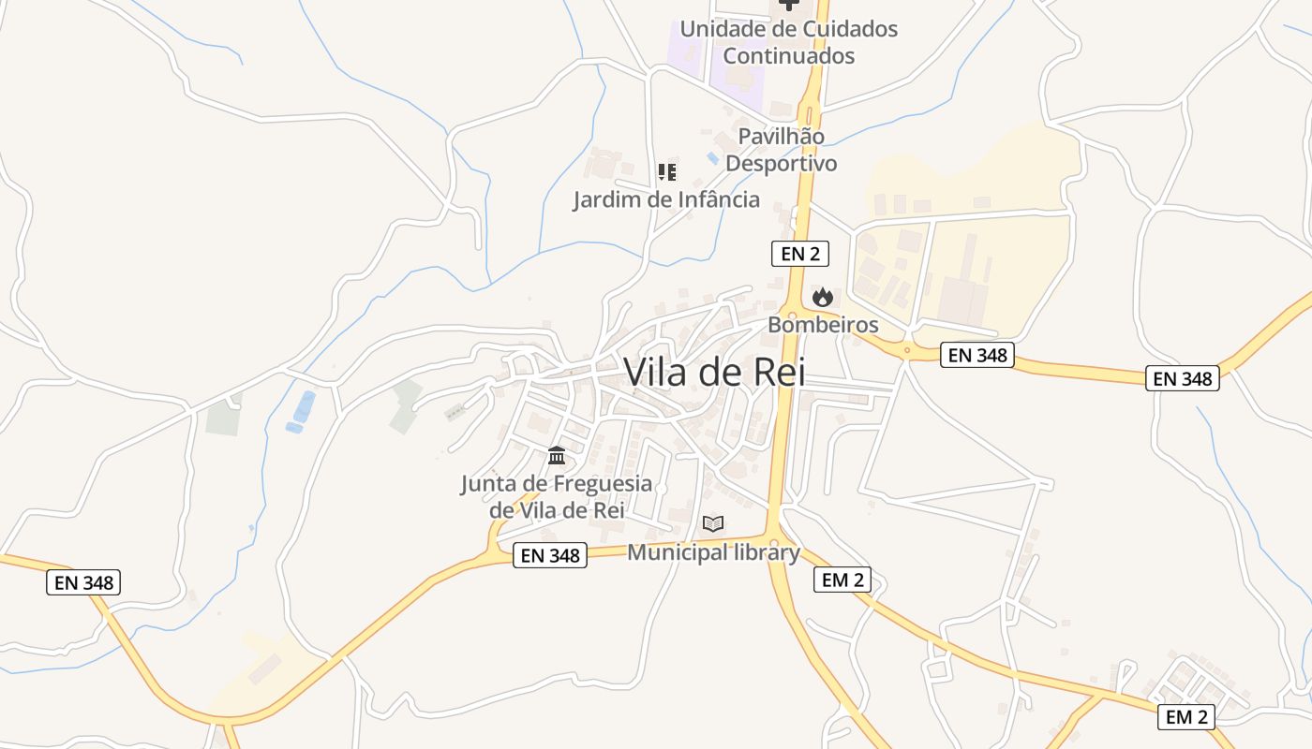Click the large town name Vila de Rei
(714, 372)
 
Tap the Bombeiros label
(823, 325)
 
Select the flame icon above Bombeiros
(823, 298)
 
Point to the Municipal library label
(713, 552)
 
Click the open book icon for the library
(713, 523)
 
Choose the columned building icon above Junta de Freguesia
(557, 456)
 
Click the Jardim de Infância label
(666, 199)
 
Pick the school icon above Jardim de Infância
(666, 172)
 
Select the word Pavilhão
(782, 137)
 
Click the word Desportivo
(782, 163)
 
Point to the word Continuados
(789, 56)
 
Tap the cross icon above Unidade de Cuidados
(789, 5)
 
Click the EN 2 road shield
(799, 253)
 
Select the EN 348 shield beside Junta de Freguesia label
(551, 555)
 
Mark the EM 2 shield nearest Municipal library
(842, 580)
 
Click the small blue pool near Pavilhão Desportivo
(713, 158)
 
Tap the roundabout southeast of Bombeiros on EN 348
(906, 351)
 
